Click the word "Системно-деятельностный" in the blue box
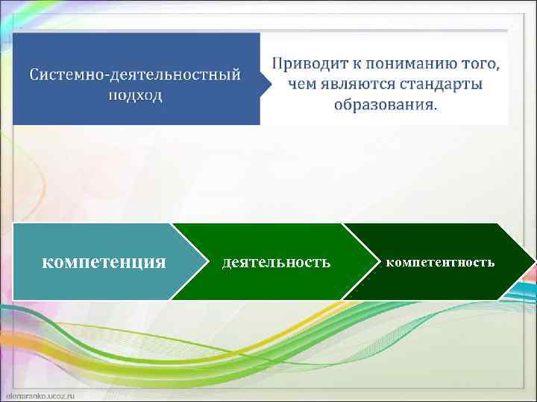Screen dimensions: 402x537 coord(135,75)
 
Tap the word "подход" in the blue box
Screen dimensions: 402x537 coord(135,96)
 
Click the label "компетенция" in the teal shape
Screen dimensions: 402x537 coord(104,262)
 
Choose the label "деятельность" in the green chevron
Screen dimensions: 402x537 coord(276,263)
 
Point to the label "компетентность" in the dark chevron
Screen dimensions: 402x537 coord(440,263)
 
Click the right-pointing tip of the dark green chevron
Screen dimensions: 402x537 coord(533,261)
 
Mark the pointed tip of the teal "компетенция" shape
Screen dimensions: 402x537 coord(207,261)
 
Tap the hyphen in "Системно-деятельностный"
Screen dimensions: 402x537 coord(107,77)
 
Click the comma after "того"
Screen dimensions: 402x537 coord(497,67)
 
